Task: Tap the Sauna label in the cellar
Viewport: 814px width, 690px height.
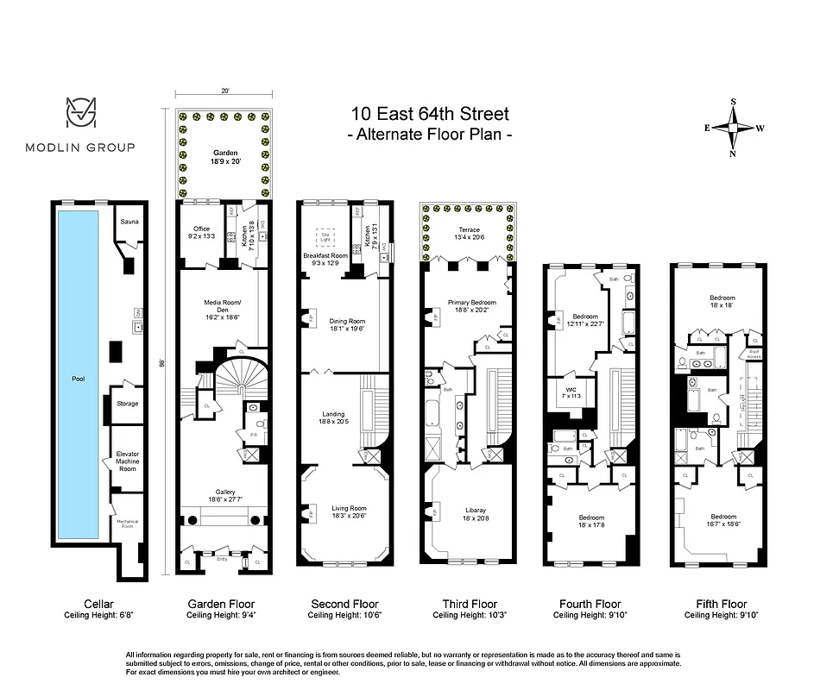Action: click(129, 223)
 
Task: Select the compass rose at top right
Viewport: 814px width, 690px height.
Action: click(734, 128)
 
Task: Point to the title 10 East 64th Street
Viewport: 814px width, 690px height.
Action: click(429, 114)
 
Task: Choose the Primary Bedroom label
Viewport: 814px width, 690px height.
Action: click(471, 304)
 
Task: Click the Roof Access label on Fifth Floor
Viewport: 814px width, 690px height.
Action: click(754, 352)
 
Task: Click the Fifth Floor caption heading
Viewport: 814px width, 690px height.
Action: click(716, 604)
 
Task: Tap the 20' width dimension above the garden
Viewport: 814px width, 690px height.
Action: click(225, 90)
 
